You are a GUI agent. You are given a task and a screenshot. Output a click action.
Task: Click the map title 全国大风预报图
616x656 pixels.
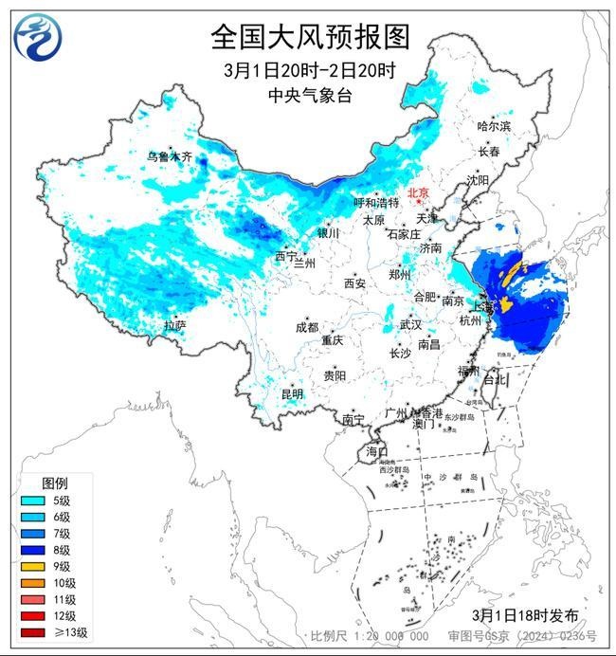click(309, 37)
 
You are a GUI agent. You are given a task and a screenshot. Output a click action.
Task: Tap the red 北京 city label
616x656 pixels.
click(417, 193)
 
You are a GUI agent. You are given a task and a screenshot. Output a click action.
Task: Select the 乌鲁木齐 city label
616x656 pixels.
click(169, 156)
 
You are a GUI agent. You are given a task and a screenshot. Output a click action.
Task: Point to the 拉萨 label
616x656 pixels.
click(174, 325)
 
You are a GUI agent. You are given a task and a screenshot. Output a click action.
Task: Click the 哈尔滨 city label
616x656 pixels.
click(494, 126)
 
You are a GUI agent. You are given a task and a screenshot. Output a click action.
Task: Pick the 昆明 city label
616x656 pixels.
click(291, 393)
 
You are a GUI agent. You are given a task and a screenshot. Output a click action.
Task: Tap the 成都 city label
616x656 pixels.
click(306, 327)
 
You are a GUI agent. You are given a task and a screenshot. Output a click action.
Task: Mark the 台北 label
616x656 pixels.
click(495, 379)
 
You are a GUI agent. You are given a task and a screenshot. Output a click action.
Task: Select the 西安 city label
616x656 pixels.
click(354, 282)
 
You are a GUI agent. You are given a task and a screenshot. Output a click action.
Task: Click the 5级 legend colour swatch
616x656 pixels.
click(31, 500)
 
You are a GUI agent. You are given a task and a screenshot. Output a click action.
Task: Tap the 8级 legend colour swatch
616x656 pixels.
click(31, 549)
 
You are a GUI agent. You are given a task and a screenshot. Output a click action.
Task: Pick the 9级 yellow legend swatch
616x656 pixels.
click(31, 566)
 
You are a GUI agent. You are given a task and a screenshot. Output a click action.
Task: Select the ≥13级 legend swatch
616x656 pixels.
click(31, 632)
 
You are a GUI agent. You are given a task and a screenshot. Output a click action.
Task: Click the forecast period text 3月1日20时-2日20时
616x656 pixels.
click(309, 69)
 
